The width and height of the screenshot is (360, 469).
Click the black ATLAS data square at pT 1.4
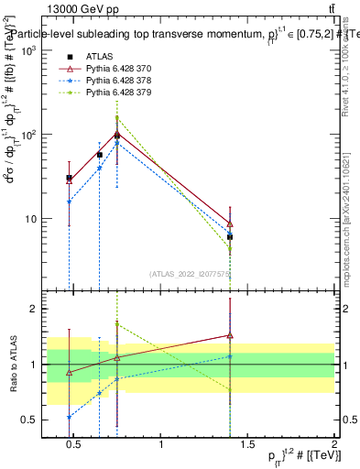pyautogui.click(x=230, y=236)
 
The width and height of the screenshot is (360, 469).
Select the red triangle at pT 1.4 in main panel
pyautogui.click(x=230, y=223)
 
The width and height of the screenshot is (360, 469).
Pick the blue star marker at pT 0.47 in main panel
pyautogui.click(x=69, y=202)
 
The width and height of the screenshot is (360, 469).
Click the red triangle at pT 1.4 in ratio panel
pyautogui.click(x=230, y=335)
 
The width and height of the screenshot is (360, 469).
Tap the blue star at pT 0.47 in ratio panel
pyautogui.click(x=69, y=417)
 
